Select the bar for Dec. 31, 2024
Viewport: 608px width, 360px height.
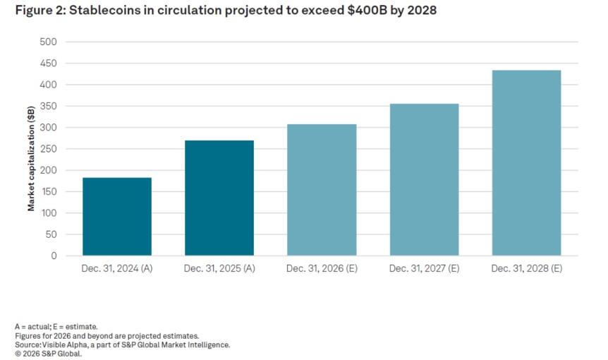117,216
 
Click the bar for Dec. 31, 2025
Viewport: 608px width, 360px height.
219,198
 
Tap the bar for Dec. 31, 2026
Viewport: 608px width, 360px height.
322,190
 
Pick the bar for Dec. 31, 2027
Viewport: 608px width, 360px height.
424,179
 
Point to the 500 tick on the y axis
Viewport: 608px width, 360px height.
49,42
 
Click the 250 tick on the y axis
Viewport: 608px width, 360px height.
49,149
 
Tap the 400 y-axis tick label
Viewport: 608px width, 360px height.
49,85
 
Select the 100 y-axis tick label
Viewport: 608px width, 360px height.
49,213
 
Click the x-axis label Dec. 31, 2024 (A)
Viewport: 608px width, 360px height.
117,269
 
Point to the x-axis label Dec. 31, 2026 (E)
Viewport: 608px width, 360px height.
322,269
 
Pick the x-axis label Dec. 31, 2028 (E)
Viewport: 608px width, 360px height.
526,269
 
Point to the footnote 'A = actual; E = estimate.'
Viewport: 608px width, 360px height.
56,327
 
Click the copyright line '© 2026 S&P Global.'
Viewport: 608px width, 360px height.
48,354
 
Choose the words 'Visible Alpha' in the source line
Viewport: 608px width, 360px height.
59,344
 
